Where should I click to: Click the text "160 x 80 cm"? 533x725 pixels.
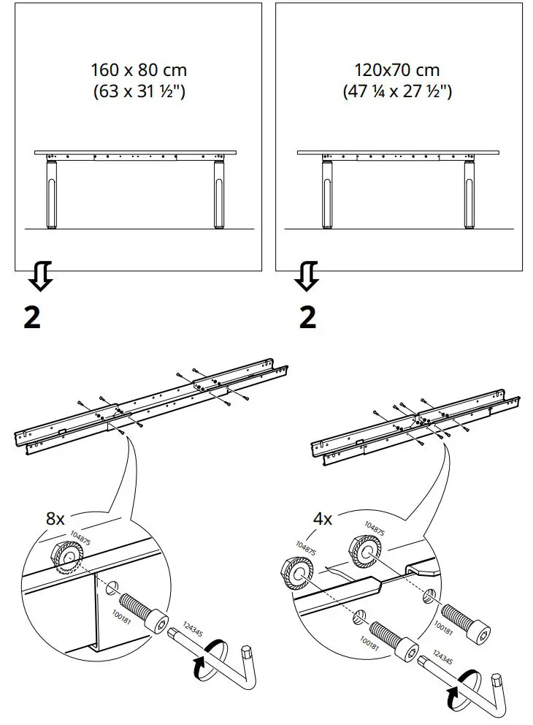point(139,71)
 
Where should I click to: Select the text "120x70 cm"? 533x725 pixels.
point(397,71)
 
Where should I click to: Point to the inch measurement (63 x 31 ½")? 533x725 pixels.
point(139,92)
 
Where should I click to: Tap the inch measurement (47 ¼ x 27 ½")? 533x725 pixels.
point(397,92)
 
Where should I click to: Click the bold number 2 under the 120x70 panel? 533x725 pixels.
point(308,317)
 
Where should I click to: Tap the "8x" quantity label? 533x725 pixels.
point(55,520)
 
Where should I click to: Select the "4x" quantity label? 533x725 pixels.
point(323,520)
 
